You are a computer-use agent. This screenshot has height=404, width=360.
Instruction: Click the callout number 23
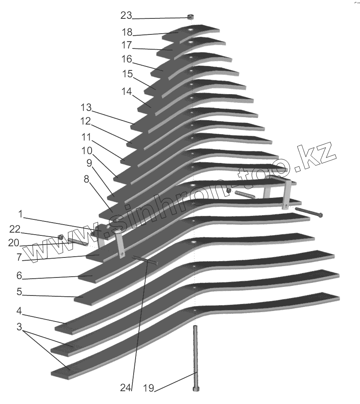tap(126, 16)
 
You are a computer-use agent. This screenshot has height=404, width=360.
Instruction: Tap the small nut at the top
tap(191, 17)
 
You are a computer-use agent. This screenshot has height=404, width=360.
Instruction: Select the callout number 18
tap(127, 32)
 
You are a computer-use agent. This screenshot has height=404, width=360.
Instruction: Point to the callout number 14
tap(126, 91)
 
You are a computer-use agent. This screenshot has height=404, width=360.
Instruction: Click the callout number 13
tap(86, 108)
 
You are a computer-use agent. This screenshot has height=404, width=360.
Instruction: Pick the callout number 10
tap(87, 151)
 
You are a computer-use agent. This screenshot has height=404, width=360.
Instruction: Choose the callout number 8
tap(86, 179)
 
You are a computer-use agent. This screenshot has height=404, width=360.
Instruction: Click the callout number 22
tap(14, 229)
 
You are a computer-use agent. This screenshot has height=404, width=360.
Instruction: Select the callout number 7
tap(19, 257)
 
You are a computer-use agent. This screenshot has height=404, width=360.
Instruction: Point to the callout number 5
tap(19, 292)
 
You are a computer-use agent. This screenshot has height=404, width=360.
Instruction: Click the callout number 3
tap(19, 327)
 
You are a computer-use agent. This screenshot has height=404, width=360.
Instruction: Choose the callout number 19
tap(149, 388)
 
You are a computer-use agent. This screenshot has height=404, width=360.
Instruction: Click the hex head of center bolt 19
tap(196, 388)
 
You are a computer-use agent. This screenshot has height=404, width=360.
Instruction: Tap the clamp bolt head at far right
tap(321, 215)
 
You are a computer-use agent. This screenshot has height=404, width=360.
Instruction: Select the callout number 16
tap(126, 59)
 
